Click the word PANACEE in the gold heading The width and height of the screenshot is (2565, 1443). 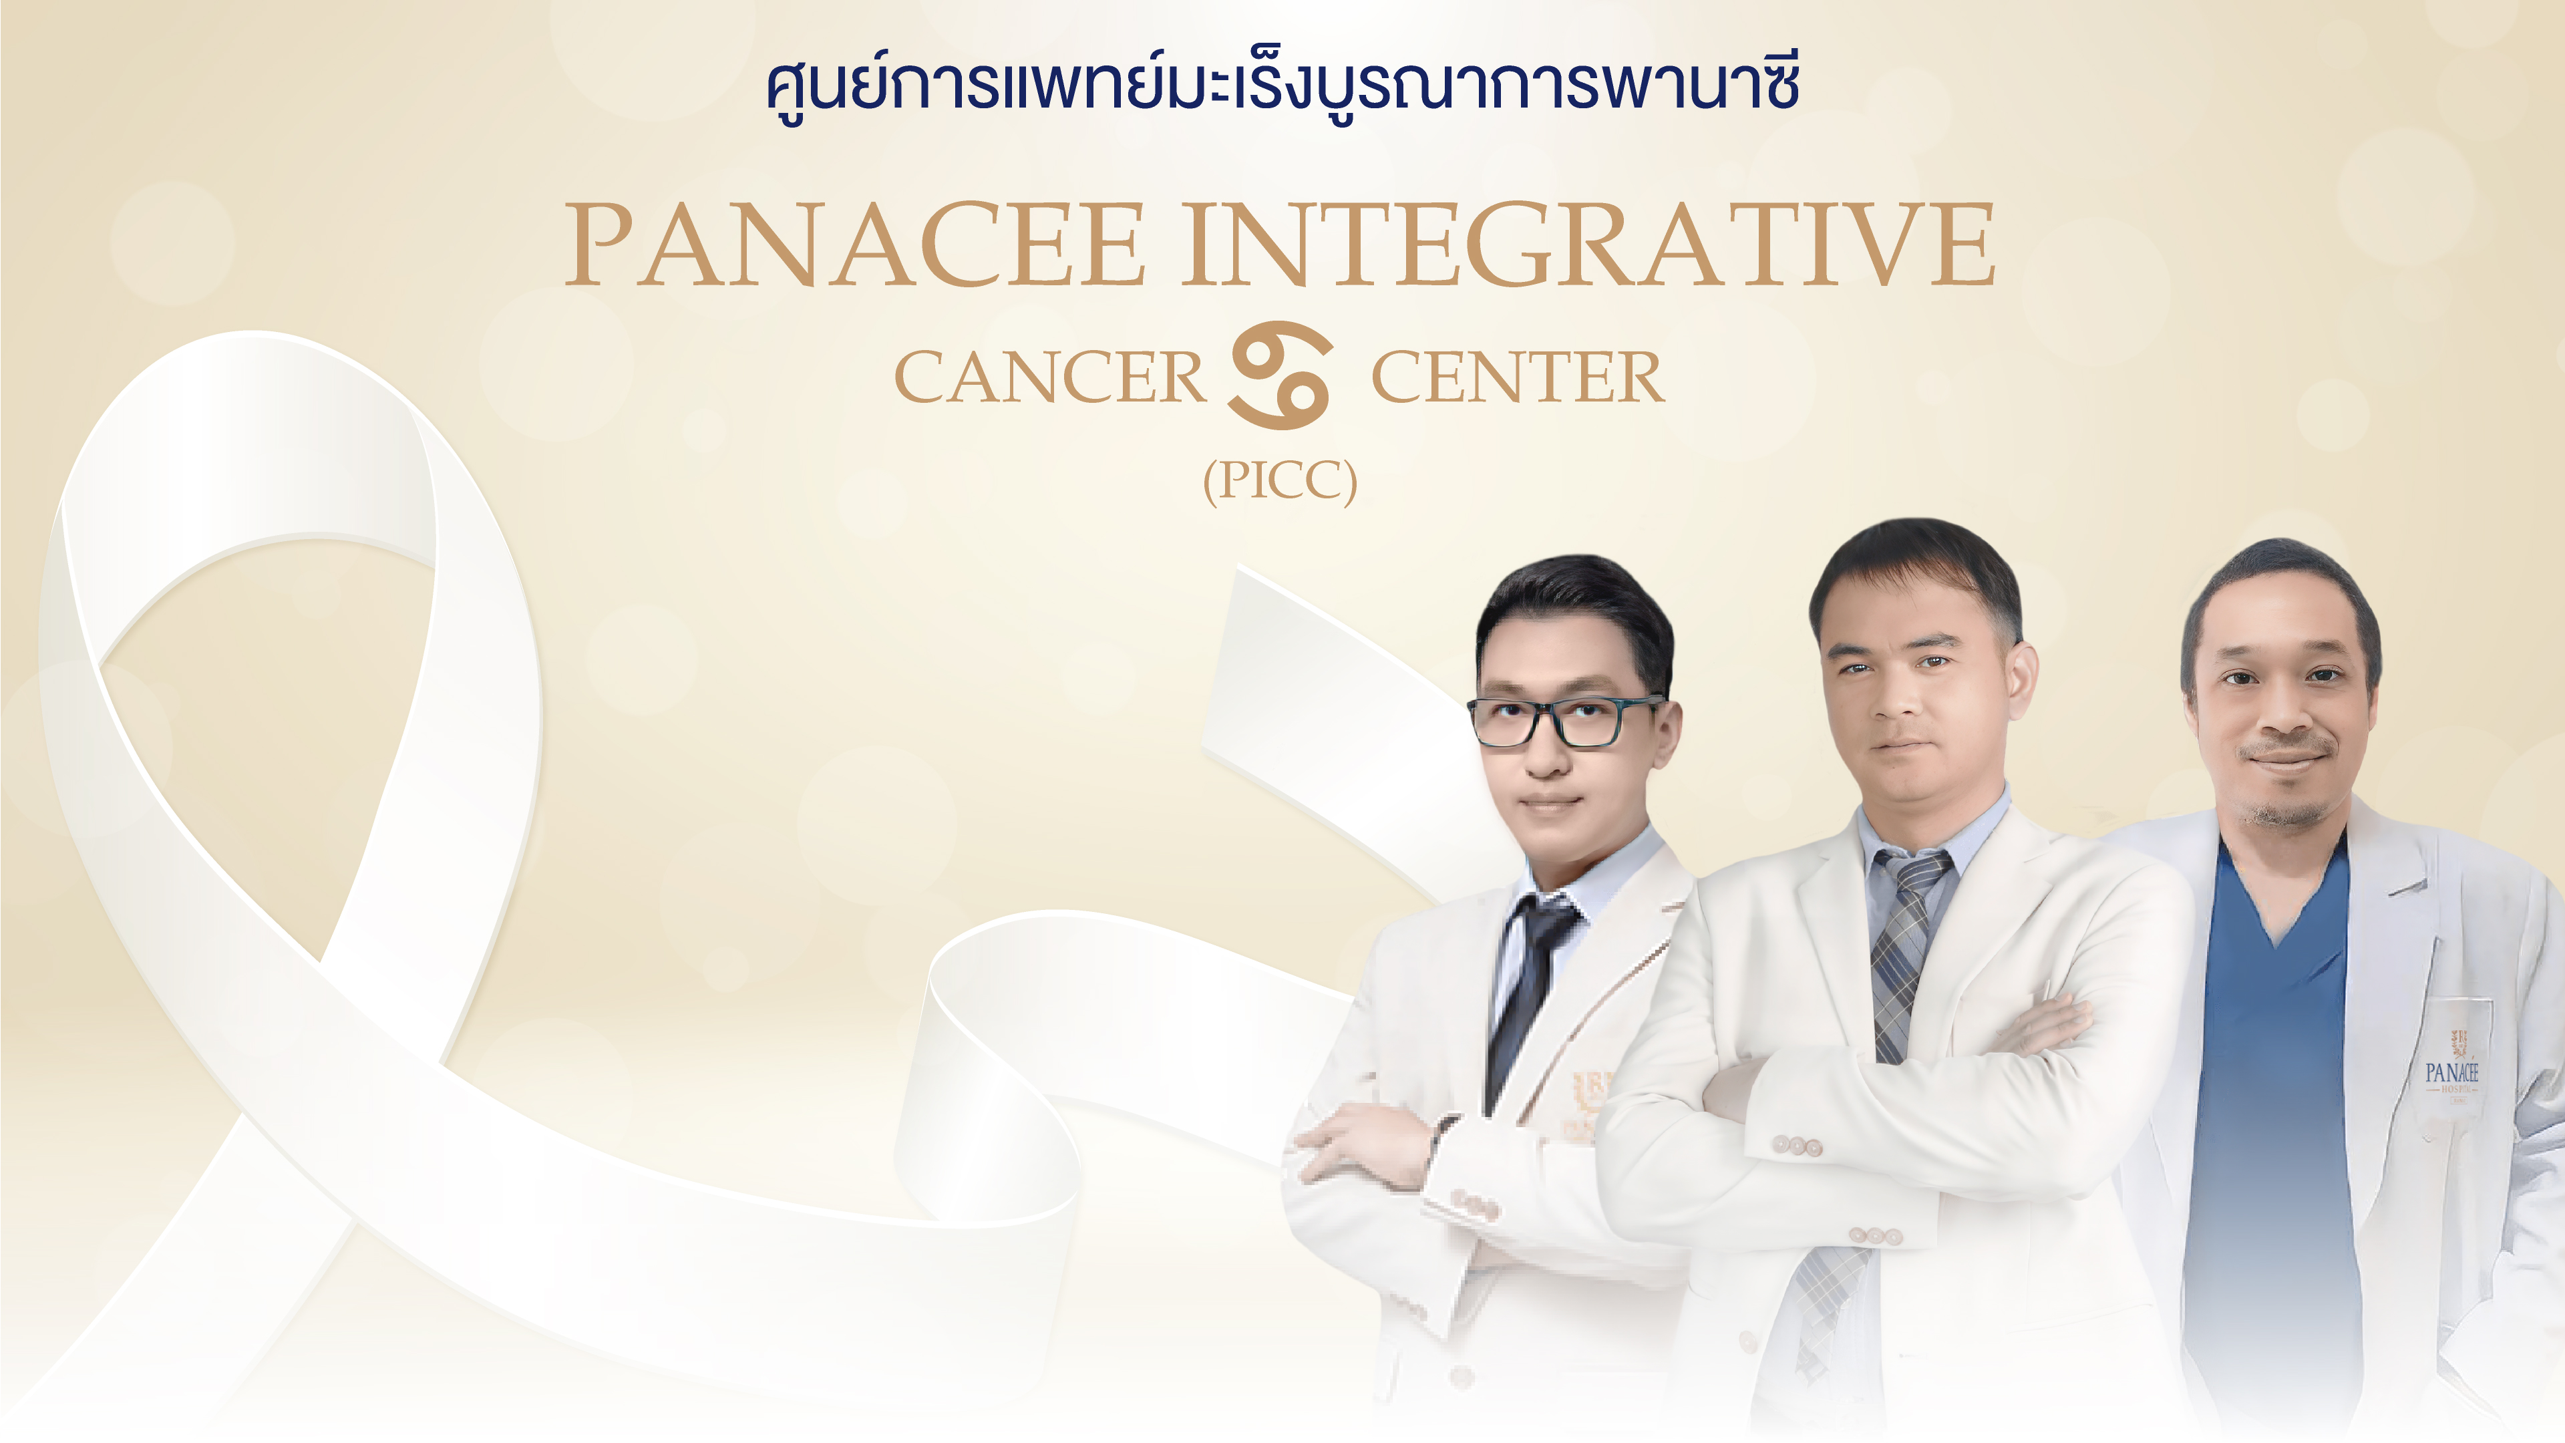tap(855, 244)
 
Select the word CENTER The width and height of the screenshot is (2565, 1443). tap(1518, 377)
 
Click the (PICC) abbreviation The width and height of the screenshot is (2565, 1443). tap(1280, 482)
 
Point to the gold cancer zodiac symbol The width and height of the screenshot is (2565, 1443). tap(1280, 375)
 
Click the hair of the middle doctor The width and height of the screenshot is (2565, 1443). tap(1914, 573)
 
